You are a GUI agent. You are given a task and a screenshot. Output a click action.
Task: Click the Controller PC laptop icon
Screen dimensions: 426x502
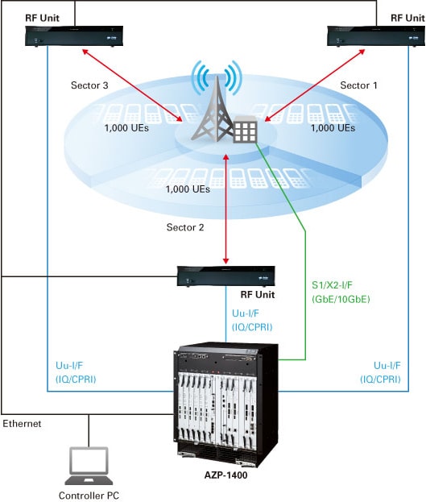[x=89, y=466]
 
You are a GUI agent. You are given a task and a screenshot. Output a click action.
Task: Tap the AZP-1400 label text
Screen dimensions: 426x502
[x=226, y=475]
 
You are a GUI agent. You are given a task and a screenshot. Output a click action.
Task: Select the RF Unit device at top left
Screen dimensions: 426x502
[x=74, y=36]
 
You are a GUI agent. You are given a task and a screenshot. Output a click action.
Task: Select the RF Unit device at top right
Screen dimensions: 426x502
[x=376, y=36]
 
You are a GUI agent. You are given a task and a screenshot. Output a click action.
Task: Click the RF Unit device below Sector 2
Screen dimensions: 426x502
[x=226, y=276]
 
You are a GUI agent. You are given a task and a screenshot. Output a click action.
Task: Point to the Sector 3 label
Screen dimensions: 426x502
[x=89, y=85]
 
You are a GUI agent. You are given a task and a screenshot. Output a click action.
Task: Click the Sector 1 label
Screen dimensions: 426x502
[x=358, y=85]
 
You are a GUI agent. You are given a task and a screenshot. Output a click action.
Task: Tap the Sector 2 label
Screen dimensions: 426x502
[x=185, y=227]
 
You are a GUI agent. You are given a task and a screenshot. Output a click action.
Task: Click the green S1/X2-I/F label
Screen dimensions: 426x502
[x=332, y=285]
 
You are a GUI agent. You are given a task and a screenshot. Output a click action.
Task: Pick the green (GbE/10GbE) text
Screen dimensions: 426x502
[x=341, y=299]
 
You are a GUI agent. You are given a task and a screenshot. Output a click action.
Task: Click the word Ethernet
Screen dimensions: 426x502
[x=22, y=424]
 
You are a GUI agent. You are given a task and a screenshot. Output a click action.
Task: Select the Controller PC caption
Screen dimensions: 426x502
[x=89, y=496]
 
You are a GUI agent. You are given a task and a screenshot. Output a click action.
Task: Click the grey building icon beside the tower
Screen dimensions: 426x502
[x=246, y=129]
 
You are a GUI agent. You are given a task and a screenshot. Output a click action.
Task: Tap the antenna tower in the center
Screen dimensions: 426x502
[x=213, y=110]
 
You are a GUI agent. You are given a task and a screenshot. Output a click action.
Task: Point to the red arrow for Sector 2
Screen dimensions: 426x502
[x=226, y=209]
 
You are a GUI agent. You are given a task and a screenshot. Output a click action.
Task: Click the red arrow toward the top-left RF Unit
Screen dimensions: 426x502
[x=132, y=85]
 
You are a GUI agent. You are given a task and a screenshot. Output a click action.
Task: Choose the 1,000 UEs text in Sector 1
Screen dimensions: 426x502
[x=333, y=128]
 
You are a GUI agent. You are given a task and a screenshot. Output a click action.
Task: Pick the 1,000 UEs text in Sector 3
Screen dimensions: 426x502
[x=126, y=128]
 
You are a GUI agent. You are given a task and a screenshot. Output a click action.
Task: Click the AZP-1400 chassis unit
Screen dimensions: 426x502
[x=226, y=404]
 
